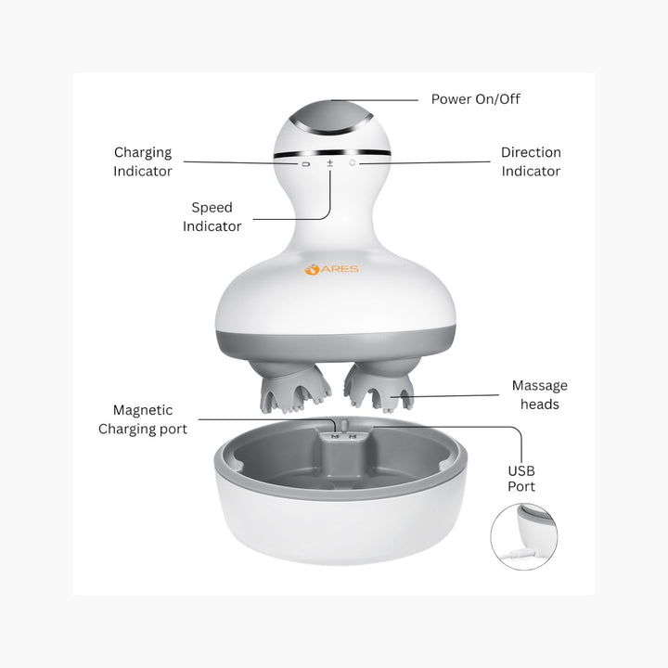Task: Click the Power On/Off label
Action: click(475, 99)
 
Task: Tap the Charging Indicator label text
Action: click(143, 161)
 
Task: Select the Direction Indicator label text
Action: click(531, 161)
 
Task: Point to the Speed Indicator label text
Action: click(212, 217)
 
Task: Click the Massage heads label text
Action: click(540, 395)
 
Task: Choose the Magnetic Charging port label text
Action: click(143, 419)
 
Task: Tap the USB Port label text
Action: click(521, 479)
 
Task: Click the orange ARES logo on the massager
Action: click(332, 269)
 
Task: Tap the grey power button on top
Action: click(330, 116)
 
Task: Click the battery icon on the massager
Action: click(306, 163)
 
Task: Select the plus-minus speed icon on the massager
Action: click(330, 162)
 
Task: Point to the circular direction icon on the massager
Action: click(353, 162)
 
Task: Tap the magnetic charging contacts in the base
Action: click(343, 437)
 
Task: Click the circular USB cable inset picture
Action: click(524, 536)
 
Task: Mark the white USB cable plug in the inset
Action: click(518, 553)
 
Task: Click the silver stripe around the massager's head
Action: click(332, 153)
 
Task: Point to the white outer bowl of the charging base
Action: click(340, 528)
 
